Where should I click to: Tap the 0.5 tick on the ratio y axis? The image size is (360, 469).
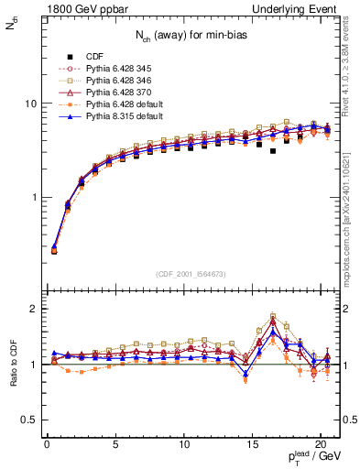coord(28,420)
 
